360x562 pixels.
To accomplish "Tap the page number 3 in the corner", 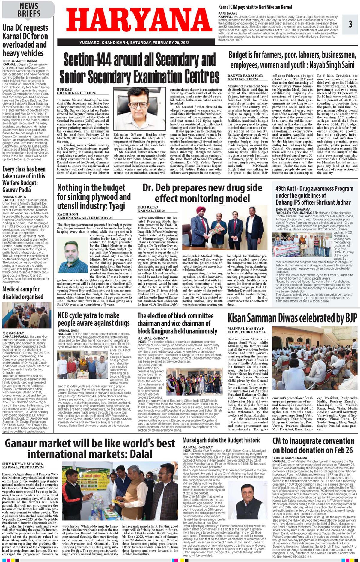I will (350, 24).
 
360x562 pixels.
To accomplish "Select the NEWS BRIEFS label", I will (29, 10).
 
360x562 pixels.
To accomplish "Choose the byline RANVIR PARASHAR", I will (245, 76).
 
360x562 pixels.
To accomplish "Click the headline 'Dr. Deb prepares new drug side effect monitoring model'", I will (202, 193).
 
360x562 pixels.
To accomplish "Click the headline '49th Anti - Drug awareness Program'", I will (314, 195).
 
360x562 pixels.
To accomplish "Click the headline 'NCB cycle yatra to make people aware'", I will (94, 319).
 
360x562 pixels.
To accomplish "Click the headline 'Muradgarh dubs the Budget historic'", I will (221, 440).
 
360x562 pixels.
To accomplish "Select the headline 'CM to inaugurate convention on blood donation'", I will (313, 445).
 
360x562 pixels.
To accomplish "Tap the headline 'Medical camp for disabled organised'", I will (23, 293).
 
